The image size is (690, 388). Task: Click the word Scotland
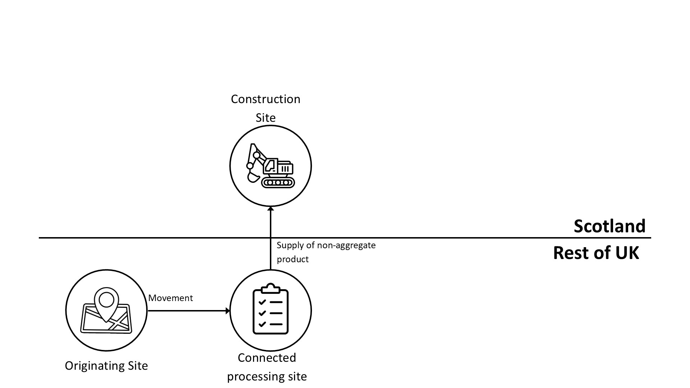(609, 226)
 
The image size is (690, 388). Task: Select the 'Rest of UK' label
(596, 253)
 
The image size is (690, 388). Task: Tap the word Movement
(170, 298)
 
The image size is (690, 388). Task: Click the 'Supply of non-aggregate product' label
(326, 252)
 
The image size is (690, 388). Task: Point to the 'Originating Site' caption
(106, 366)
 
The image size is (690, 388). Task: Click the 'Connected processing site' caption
(267, 367)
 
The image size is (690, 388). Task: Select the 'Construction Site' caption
(266, 108)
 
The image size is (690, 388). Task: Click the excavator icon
(270, 166)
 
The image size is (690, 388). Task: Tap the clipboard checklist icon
(271, 309)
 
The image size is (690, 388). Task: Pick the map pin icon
(106, 304)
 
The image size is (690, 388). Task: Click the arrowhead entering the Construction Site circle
(271, 209)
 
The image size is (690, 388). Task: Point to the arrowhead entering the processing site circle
(227, 311)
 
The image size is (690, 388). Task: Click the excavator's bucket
(253, 177)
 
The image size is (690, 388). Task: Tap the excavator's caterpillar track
(278, 183)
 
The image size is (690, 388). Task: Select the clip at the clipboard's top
(271, 288)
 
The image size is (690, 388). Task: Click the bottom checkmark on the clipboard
(262, 324)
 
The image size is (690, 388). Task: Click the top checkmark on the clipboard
(262, 302)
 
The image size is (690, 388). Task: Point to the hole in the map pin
(106, 299)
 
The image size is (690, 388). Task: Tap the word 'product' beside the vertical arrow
(293, 259)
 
